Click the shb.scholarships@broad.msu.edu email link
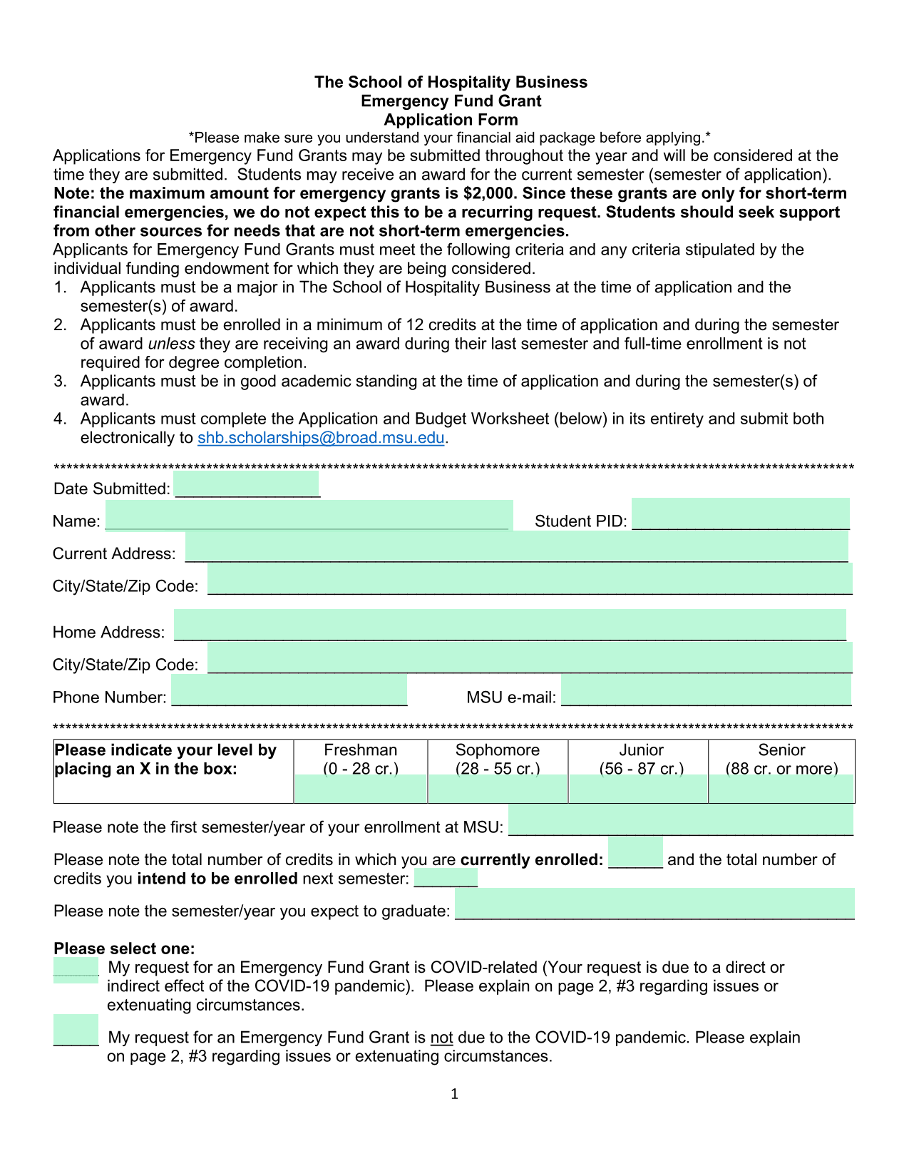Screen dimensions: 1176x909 321,438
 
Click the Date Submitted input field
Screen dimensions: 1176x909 247,485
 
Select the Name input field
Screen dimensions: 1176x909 309,515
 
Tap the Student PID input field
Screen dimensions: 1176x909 740,514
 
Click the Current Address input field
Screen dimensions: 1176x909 516,548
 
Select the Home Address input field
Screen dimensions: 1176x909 510,625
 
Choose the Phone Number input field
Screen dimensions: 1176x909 289,690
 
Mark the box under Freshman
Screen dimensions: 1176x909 360,789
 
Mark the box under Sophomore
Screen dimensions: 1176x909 498,789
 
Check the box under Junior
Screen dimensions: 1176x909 638,789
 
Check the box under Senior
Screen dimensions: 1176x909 781,789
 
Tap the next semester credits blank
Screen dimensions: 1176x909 446,877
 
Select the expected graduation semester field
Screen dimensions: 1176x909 654,904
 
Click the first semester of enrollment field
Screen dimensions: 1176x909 681,820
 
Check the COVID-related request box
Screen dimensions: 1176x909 76,971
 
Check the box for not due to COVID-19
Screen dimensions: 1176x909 76,1031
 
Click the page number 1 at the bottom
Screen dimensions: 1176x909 454,1094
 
